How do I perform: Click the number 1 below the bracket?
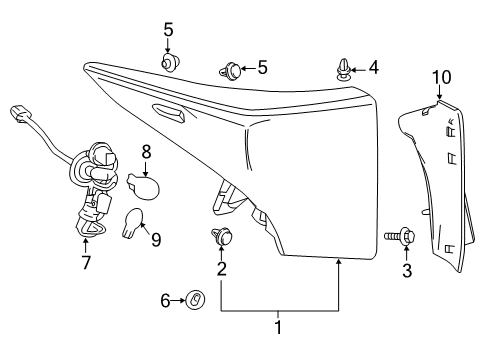(x=278, y=325)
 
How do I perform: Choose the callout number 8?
(x=146, y=152)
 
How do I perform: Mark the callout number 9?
(x=155, y=239)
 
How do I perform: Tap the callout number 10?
(x=441, y=75)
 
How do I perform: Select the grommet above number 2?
(x=221, y=238)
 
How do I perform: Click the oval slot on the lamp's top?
(x=168, y=113)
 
